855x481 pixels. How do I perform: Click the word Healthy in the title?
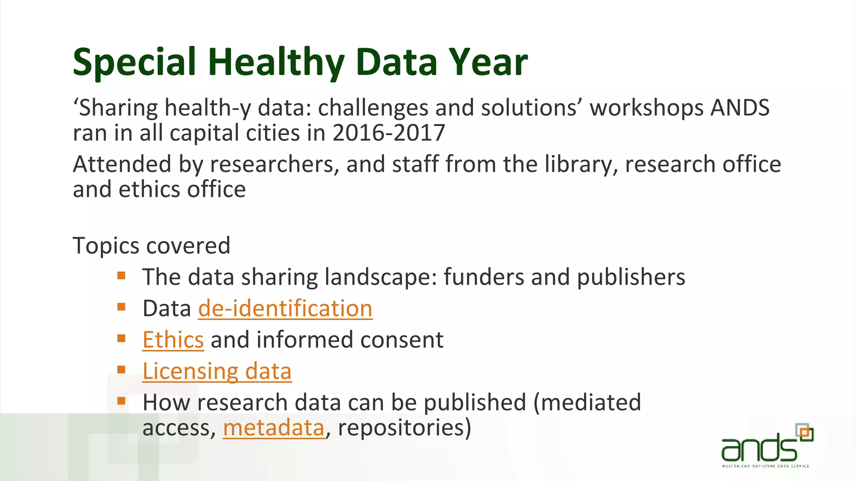click(276, 63)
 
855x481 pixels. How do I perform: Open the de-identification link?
click(285, 309)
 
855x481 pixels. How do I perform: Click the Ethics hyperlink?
click(173, 340)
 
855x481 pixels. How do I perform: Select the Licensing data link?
click(217, 371)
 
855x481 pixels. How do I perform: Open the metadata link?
click(273, 428)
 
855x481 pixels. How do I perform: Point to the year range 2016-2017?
click(389, 133)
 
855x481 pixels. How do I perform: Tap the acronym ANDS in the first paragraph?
click(740, 108)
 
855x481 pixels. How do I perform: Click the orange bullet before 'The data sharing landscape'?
click(121, 276)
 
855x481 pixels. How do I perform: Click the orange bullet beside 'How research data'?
click(121, 401)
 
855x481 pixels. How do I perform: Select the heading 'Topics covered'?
click(152, 246)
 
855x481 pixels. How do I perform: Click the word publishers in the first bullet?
click(631, 277)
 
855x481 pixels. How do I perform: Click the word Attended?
click(122, 164)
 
